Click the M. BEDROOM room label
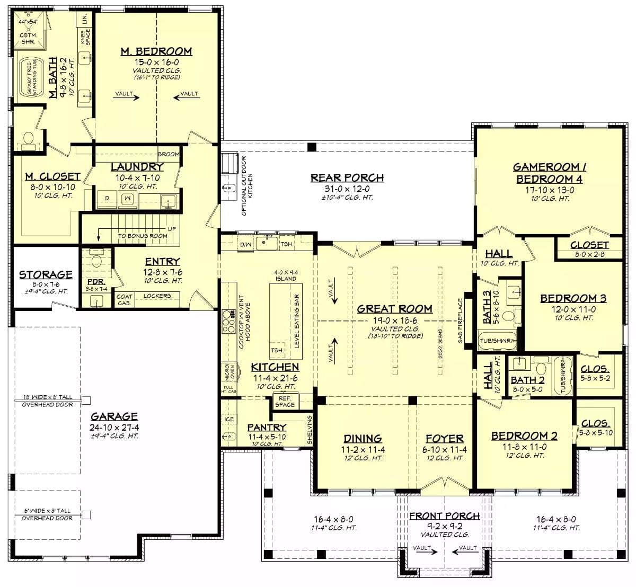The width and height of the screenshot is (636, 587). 156,51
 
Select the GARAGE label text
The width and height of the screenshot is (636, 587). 114,416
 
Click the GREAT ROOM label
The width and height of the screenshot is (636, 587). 395,309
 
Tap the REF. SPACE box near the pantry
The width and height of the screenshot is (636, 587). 285,402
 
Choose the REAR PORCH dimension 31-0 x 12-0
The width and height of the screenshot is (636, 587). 347,189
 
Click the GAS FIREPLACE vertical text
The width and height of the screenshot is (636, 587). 461,321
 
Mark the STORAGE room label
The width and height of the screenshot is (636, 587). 46,274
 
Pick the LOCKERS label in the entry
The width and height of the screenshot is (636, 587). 157,296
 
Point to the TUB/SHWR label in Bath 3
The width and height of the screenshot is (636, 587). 497,341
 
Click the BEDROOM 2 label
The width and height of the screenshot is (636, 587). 524,436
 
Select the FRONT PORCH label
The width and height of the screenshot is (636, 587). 444,515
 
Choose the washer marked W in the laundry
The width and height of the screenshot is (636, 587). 127,199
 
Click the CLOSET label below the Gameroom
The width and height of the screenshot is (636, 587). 589,245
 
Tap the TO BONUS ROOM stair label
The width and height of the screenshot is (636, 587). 143,236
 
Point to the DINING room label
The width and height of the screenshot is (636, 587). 363,439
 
